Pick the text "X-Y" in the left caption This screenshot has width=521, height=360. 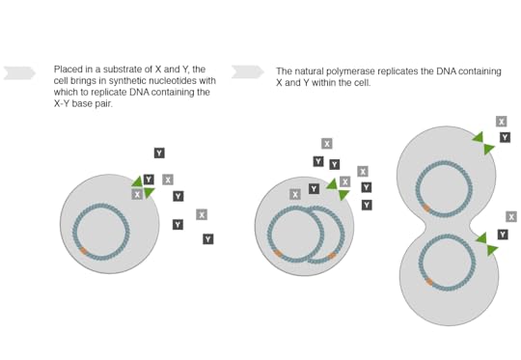pos(62,103)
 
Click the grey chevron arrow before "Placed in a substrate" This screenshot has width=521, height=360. pos(19,73)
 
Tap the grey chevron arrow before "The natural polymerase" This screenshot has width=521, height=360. pos(248,72)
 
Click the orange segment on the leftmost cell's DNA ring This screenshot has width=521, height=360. pos(83,251)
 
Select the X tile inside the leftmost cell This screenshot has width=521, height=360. pos(137,194)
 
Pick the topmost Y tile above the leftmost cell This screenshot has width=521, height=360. pos(159,152)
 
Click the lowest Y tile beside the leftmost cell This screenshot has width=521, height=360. pos(208,239)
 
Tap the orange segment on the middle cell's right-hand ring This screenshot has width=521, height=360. pos(332,256)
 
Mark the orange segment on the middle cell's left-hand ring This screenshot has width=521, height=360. pos(278,253)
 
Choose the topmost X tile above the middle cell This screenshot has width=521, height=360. pos(327,144)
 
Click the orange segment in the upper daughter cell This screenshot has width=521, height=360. pos(426,208)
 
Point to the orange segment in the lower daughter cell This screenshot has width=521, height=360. pos(429,282)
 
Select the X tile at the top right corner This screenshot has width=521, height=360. pos(502,122)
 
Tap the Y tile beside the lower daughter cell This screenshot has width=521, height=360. pos(503,235)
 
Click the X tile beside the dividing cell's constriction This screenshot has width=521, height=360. pos(511,217)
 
